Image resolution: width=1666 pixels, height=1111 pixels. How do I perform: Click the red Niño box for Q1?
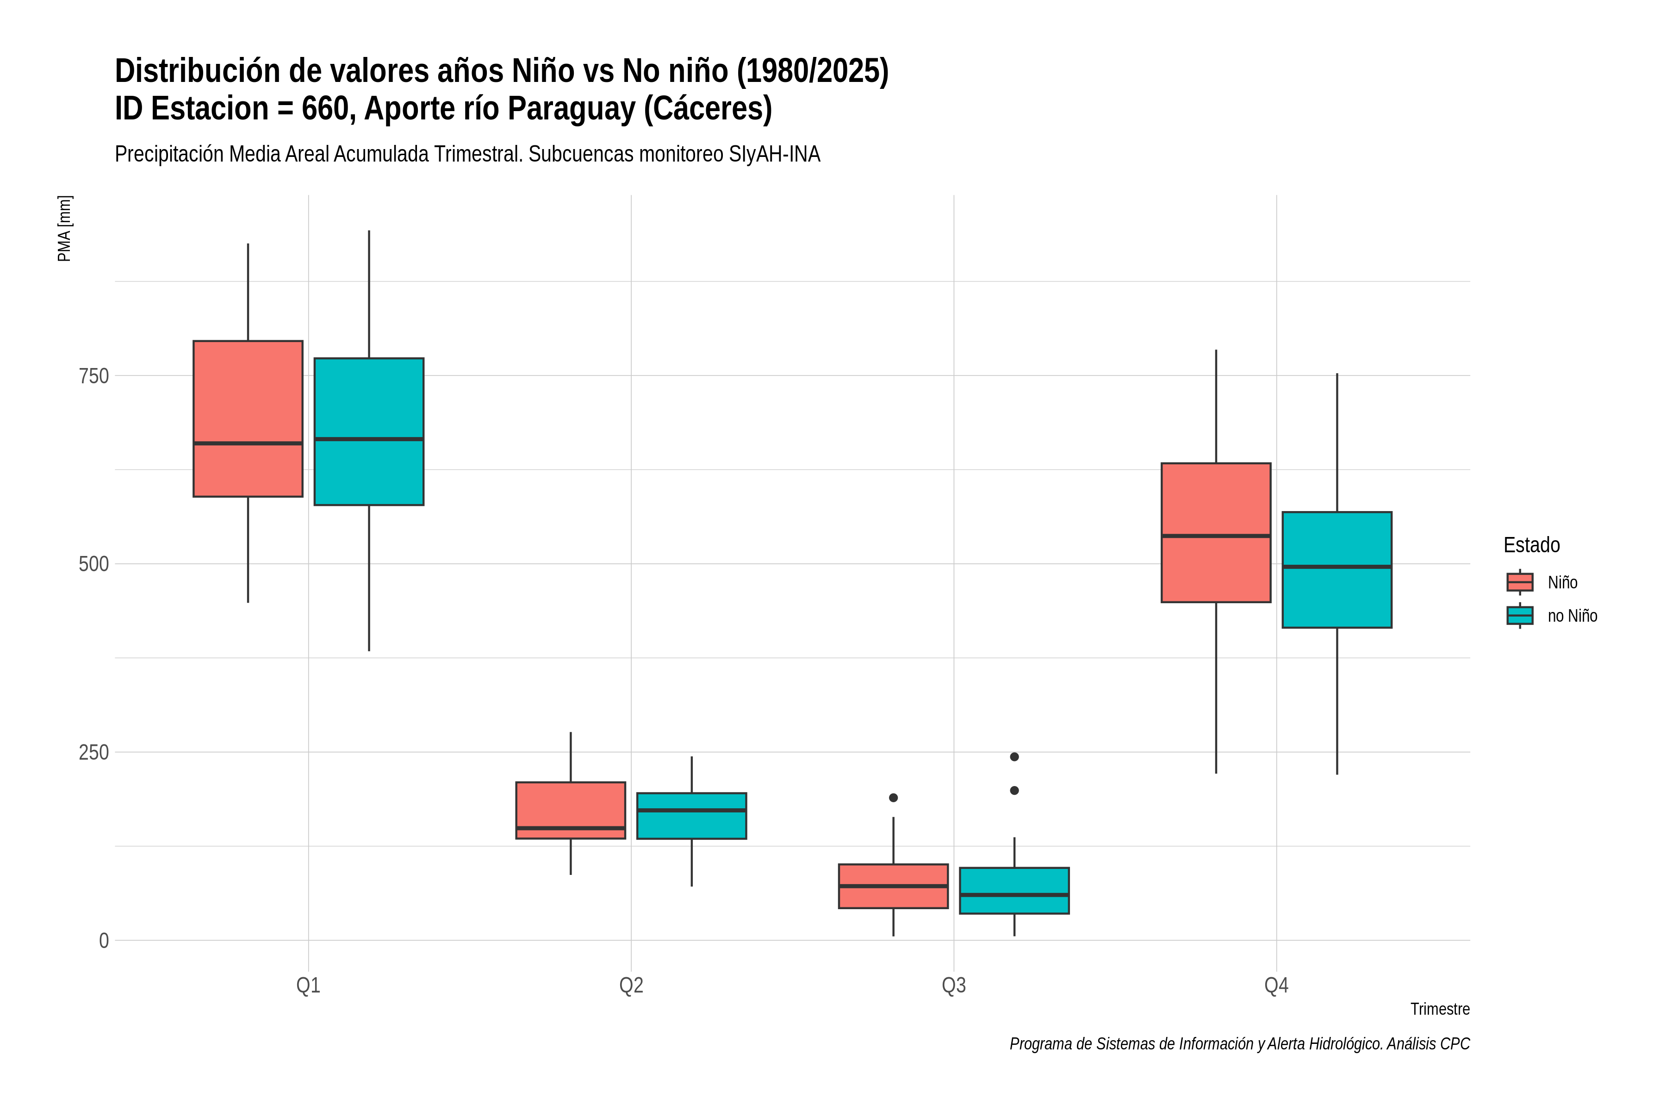(248, 419)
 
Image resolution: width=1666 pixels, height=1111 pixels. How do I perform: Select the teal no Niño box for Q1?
(369, 431)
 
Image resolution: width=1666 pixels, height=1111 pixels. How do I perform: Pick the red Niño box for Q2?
(571, 811)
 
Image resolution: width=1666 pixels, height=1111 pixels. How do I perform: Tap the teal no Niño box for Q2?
(691, 816)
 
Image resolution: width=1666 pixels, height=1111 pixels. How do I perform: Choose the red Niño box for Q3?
(893, 886)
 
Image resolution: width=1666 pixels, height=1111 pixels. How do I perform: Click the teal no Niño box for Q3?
(1014, 891)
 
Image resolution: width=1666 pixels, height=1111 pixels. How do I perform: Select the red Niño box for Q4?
(1216, 533)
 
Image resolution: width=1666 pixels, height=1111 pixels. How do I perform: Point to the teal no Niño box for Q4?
(1337, 570)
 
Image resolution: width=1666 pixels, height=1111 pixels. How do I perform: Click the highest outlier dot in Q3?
(1014, 757)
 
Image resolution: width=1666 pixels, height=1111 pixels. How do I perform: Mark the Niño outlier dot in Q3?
(893, 798)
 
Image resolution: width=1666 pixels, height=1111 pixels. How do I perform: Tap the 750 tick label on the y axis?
(93, 375)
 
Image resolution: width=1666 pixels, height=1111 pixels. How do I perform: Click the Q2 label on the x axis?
(631, 986)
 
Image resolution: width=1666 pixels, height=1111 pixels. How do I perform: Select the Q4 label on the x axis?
(1276, 986)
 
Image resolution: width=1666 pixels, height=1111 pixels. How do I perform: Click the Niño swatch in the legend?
(1520, 582)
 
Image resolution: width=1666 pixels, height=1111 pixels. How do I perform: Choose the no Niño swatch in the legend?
(1520, 616)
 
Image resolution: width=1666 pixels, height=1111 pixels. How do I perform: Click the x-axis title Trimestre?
(1440, 1009)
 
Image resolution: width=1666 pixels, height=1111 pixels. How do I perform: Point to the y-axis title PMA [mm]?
(64, 229)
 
